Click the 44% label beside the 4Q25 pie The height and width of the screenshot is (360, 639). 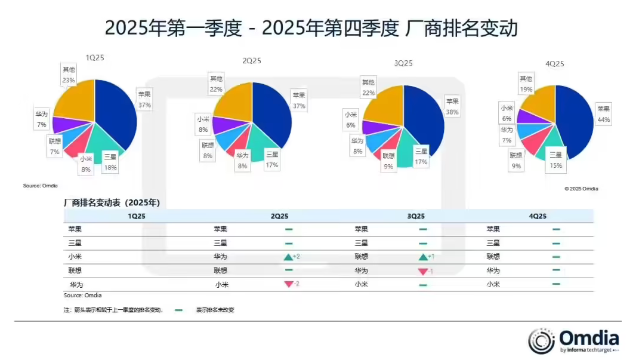(x=604, y=120)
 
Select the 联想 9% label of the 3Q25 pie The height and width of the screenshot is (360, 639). (x=388, y=162)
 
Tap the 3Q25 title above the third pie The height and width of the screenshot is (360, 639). (x=403, y=63)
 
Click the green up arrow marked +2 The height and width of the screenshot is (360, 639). (x=288, y=257)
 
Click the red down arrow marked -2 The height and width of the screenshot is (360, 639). (x=288, y=284)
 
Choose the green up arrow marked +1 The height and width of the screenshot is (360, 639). (x=423, y=257)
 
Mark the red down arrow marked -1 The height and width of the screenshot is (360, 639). (x=423, y=271)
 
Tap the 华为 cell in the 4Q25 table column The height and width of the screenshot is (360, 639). (x=493, y=270)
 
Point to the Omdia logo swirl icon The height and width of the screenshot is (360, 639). (x=541, y=341)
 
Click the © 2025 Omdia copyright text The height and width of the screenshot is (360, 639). (x=581, y=189)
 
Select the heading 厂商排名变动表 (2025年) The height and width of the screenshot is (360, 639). (x=112, y=203)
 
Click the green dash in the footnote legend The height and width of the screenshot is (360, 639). (x=178, y=310)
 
